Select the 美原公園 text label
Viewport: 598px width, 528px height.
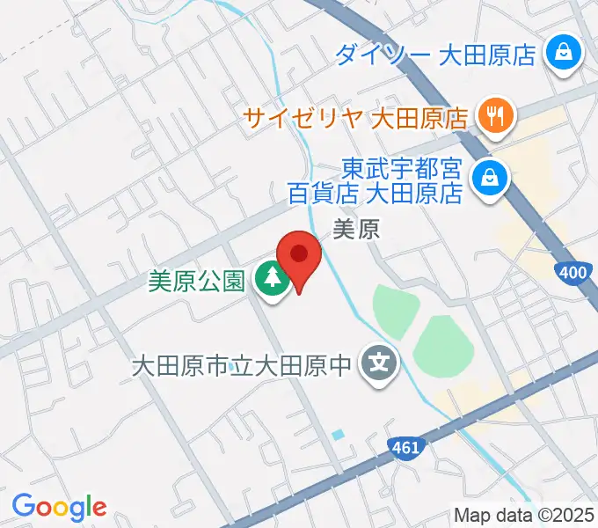click(x=195, y=282)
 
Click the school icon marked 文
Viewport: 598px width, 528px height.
click(x=379, y=362)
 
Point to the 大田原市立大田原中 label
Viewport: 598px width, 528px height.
click(x=241, y=363)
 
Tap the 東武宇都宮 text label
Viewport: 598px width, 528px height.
click(x=401, y=167)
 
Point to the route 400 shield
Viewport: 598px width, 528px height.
click(x=572, y=274)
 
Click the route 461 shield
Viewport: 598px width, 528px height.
click(x=405, y=449)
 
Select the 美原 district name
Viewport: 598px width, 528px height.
click(x=356, y=231)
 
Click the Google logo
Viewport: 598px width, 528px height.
click(x=59, y=507)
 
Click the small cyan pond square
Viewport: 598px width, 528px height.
click(x=339, y=435)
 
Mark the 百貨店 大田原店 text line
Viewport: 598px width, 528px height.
click(x=375, y=191)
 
